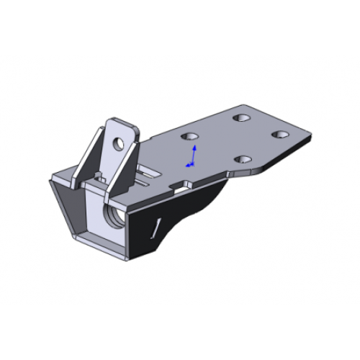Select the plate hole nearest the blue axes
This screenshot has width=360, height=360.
click(x=190, y=136)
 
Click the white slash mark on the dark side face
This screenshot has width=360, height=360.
click(x=154, y=228)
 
